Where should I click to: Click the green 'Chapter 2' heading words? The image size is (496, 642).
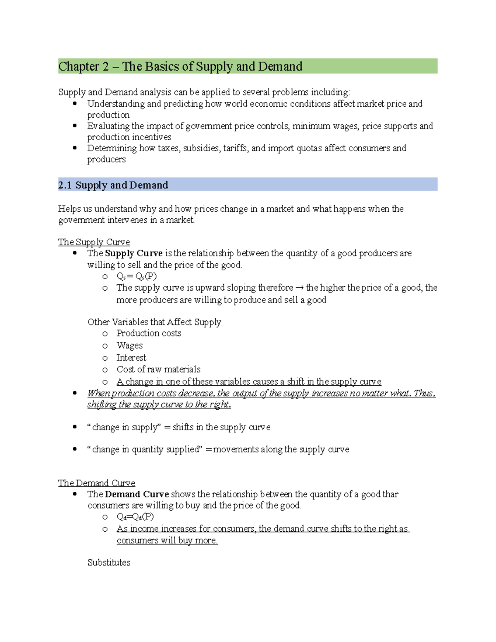[x=83, y=67]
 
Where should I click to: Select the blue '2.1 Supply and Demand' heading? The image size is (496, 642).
[x=113, y=185]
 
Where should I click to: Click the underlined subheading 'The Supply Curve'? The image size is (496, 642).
[x=94, y=242]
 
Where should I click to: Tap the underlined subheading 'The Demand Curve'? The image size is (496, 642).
[x=96, y=483]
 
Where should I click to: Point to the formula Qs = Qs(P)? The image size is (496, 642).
[x=136, y=276]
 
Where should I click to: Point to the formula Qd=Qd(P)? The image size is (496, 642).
[x=135, y=517]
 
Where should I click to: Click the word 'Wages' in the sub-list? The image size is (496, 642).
[x=129, y=345]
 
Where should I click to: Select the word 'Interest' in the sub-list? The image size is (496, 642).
[x=131, y=358]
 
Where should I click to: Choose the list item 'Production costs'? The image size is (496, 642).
[x=148, y=333]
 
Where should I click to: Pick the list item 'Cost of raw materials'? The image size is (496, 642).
[x=158, y=369]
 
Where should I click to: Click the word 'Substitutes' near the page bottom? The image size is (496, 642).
[x=109, y=562]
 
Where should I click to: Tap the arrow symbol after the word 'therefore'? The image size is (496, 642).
[x=299, y=288]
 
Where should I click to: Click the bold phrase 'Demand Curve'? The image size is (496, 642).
[x=137, y=494]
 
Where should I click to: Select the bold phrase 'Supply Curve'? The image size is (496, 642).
[x=134, y=253]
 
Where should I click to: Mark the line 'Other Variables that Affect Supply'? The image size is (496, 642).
[x=154, y=322]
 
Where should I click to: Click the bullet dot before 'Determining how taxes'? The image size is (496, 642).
[x=75, y=148]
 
